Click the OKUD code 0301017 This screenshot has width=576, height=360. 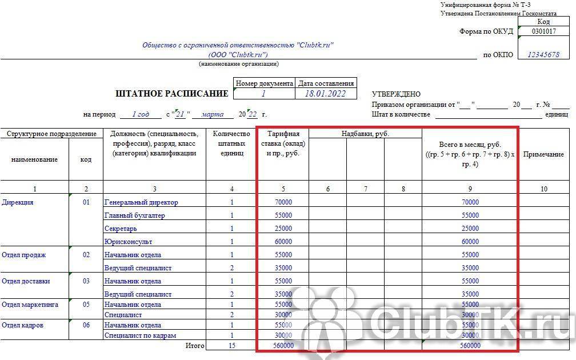[x=543, y=31]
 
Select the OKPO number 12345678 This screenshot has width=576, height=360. [x=543, y=55]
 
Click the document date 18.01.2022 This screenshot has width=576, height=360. [x=325, y=94]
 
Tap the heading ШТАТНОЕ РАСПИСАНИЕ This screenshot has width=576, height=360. [x=172, y=94]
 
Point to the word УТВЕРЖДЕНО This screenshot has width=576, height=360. [x=396, y=94]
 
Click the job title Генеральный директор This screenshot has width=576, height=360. [x=141, y=202]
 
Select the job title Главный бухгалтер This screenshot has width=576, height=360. [x=134, y=215]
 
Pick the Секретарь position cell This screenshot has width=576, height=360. [x=121, y=229]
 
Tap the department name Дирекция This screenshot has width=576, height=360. [x=18, y=202]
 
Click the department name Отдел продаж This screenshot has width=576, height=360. [x=24, y=255]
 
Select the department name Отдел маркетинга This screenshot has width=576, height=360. [x=30, y=305]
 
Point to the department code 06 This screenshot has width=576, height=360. [x=86, y=325]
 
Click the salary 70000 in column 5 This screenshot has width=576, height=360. [x=283, y=202]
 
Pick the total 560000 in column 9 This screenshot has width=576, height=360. [x=470, y=345]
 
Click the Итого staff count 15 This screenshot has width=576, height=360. [x=231, y=345]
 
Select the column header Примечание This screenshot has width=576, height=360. [x=543, y=154]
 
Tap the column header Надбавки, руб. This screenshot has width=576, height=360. [x=365, y=134]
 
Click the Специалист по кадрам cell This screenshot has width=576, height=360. [x=140, y=335]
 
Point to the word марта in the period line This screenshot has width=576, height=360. [x=213, y=114]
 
